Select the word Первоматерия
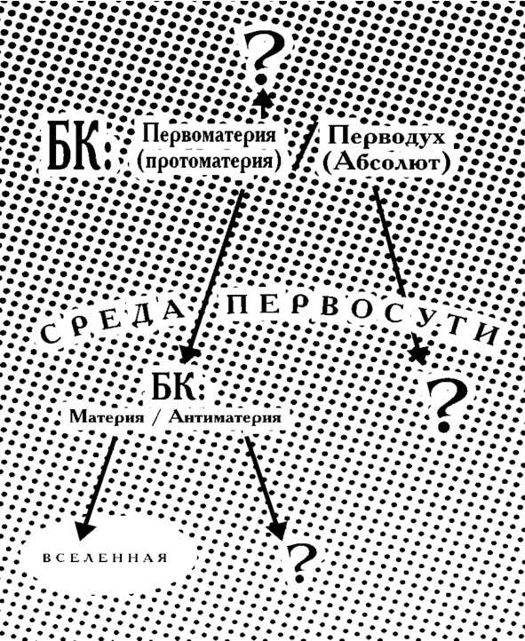209,135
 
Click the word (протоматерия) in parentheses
209,162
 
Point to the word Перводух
386,136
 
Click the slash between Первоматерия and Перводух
305,143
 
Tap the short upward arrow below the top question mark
264,102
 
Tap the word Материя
107,417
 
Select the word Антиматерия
225,417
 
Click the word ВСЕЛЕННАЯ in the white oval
106,558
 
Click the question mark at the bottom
303,562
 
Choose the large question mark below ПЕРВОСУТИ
447,406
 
